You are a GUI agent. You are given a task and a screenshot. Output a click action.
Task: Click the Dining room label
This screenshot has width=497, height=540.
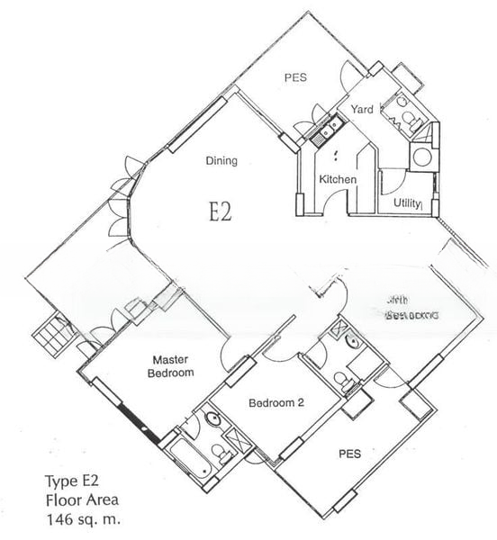[x=221, y=161]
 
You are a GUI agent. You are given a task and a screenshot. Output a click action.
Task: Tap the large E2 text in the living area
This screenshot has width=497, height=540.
[x=221, y=211]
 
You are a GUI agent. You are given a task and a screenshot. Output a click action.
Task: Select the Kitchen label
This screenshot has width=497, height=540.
[x=338, y=180]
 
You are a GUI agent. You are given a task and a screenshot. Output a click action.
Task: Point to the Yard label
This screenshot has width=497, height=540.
[x=362, y=109]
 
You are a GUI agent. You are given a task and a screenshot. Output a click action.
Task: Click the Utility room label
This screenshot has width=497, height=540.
[x=407, y=203]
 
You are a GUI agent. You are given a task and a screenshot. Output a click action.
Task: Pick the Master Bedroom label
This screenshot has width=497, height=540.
[x=169, y=365]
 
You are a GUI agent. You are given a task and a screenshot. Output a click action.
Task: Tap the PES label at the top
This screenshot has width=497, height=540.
[x=295, y=77]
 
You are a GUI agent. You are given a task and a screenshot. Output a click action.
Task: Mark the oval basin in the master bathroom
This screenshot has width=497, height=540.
[x=213, y=419]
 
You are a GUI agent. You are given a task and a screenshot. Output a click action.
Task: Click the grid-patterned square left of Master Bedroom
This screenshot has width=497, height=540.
[x=51, y=337]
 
